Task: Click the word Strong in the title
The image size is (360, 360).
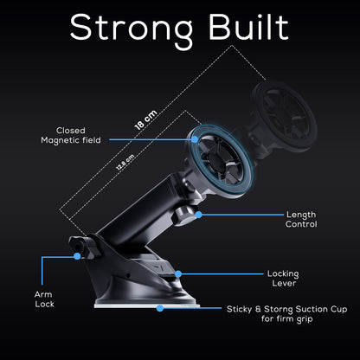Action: click(132, 29)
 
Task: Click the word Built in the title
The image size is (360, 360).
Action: click(248, 27)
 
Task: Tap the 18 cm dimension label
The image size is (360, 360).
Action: click(146, 119)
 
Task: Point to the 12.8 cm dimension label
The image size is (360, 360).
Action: click(125, 162)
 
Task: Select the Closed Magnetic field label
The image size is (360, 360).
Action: click(71, 135)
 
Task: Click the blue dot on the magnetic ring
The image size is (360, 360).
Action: click(195, 139)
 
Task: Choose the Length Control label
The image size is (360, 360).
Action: click(301, 219)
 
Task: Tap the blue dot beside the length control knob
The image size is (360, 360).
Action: click(198, 215)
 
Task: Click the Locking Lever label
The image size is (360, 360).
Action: click(283, 279)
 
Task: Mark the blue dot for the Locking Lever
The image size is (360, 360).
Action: click(178, 274)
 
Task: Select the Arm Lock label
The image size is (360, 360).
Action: click(44, 299)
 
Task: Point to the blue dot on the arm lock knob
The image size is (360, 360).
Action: click(77, 256)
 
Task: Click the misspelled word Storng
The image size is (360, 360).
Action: click(278, 310)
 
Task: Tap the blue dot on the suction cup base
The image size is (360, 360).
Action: click(160, 308)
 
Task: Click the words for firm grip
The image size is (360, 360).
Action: click(287, 319)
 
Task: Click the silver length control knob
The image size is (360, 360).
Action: click(184, 215)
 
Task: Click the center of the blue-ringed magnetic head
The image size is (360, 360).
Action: click(220, 161)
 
